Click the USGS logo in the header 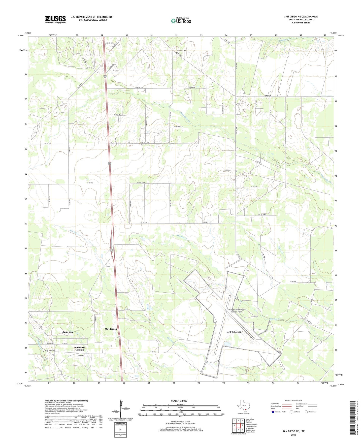55,19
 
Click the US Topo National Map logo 181,20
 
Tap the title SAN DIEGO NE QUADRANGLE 301,17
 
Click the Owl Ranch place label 111,329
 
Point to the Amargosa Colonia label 80,348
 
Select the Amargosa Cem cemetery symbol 44,351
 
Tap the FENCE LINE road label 191,87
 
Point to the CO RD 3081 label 262,214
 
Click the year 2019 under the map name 293,435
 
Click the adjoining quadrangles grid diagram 238,426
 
